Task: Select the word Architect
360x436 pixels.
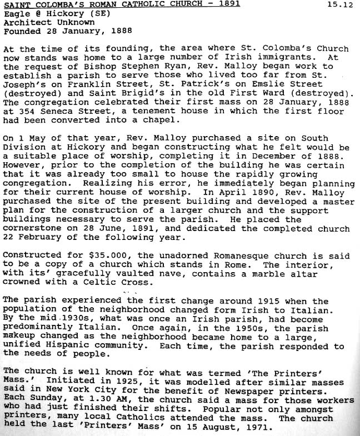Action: pos(24,23)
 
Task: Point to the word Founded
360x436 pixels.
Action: pos(19,32)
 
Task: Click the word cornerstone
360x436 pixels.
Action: pos(29,228)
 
